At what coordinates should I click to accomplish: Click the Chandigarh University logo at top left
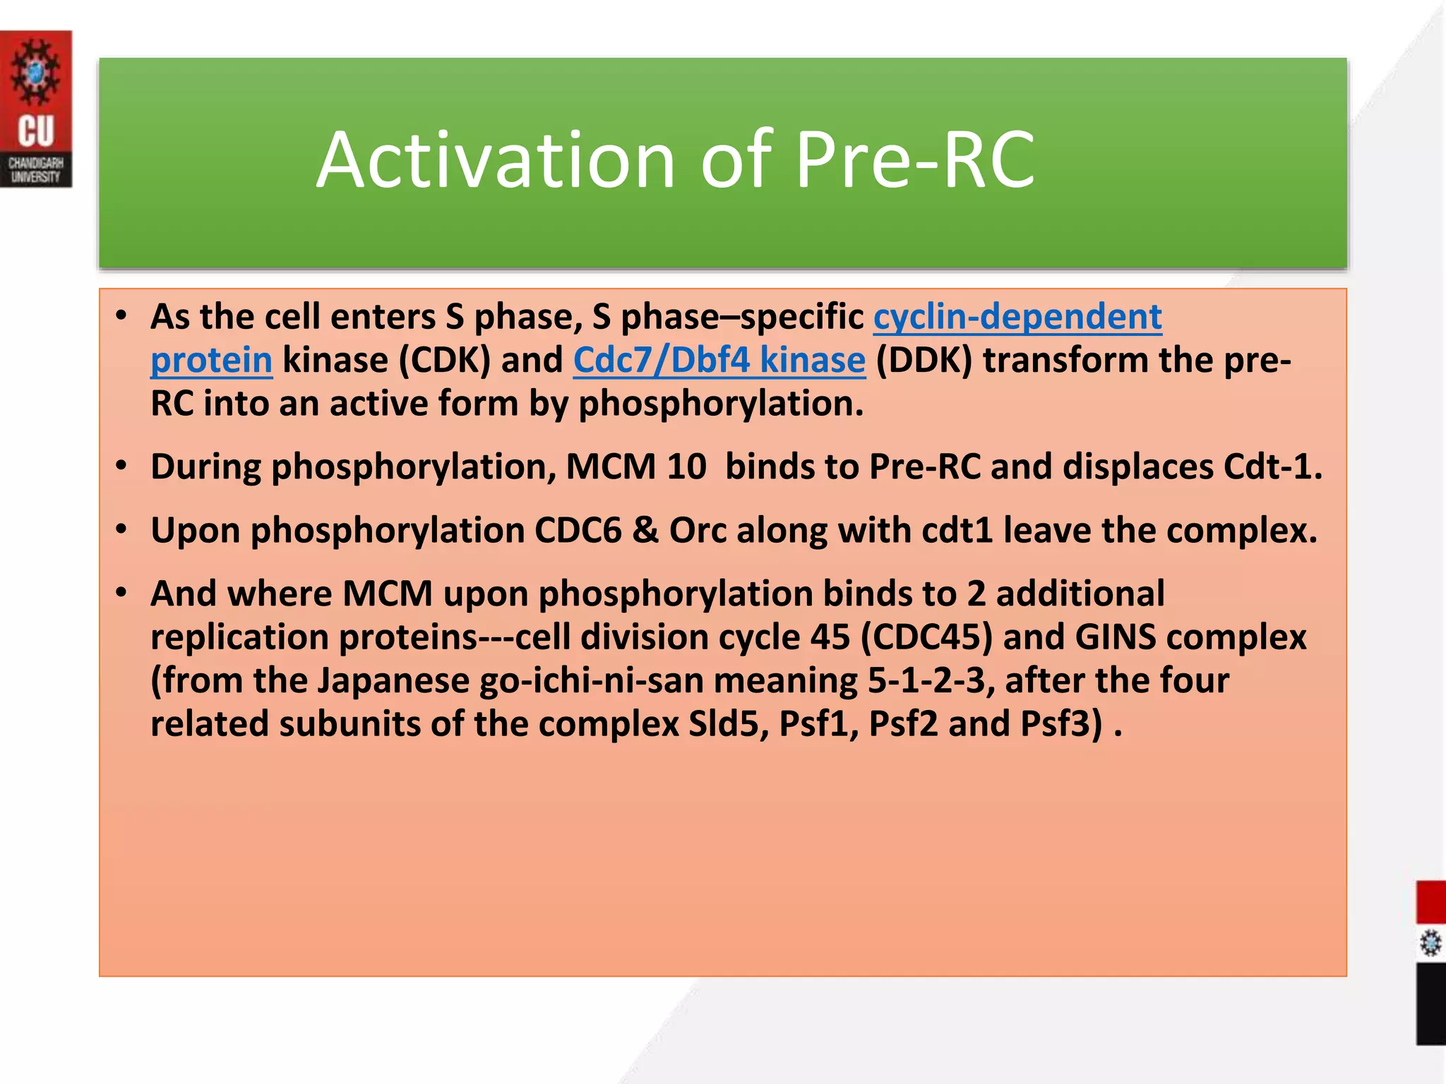point(35,109)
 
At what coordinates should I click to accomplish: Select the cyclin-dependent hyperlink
point(1017,317)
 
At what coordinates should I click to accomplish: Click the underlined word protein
point(211,361)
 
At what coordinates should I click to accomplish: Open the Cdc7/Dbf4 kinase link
point(719,361)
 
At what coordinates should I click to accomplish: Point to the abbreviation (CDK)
point(445,361)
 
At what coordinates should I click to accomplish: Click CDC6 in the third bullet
point(578,531)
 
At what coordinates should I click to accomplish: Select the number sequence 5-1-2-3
point(926,681)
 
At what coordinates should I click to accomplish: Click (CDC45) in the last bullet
point(926,637)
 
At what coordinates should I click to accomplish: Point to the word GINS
point(1116,637)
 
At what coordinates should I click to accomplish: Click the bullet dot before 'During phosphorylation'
point(121,466)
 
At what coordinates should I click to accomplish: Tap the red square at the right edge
point(1430,901)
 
